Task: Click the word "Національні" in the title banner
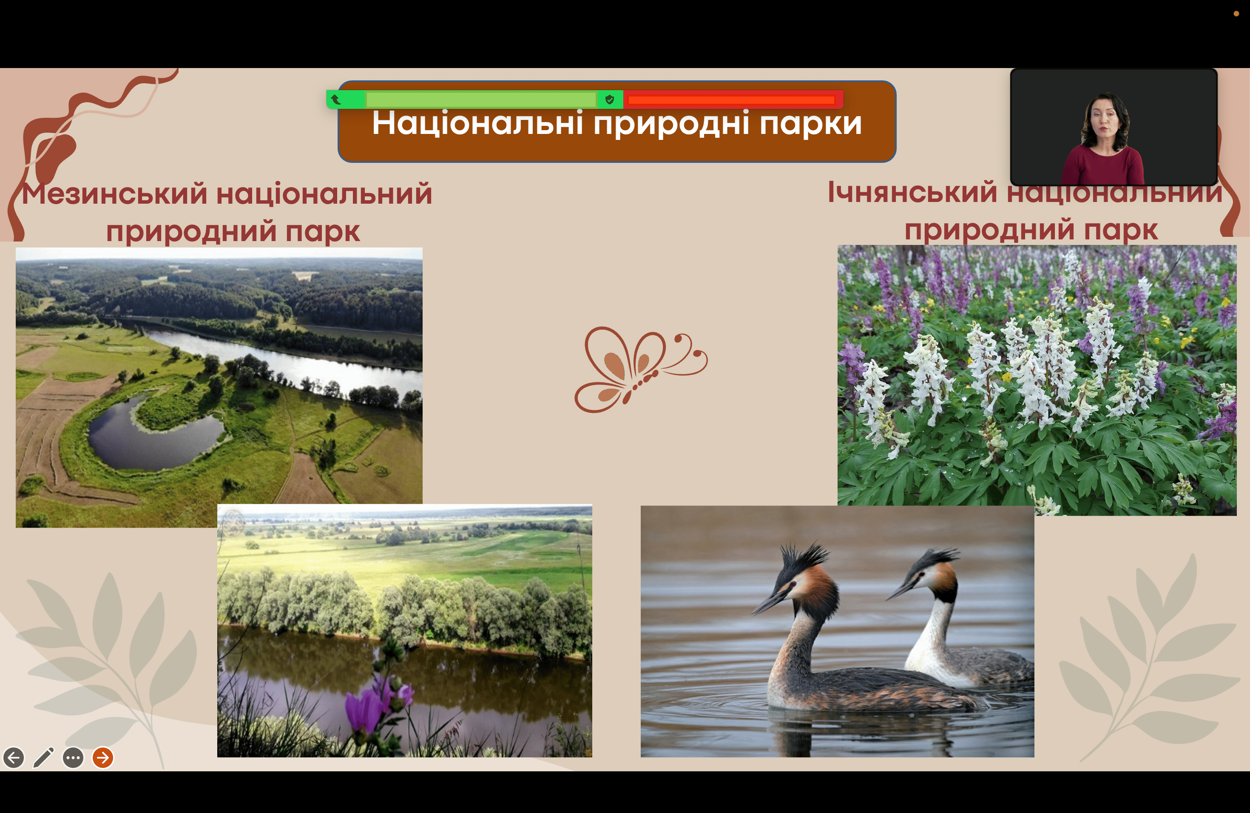click(x=477, y=123)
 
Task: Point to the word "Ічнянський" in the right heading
click(x=912, y=192)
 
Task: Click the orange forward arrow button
click(x=103, y=757)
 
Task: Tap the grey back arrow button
click(x=14, y=758)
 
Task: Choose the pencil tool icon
click(x=44, y=757)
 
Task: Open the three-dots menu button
click(x=73, y=758)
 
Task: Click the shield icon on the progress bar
click(x=610, y=99)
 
